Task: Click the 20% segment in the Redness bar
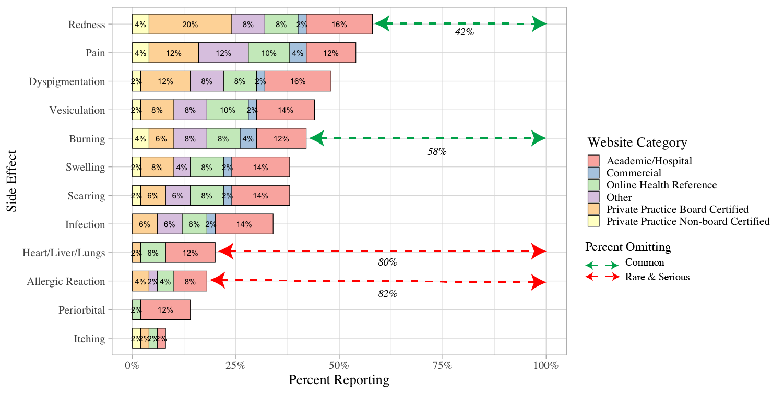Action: [190, 25]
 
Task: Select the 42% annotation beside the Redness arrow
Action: [464, 32]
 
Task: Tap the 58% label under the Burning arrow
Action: [437, 152]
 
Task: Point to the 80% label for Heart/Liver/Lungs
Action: [387, 263]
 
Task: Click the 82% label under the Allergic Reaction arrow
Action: [387, 294]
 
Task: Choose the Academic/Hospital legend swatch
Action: [594, 161]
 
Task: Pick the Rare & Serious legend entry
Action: [657, 277]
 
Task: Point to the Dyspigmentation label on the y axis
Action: [67, 82]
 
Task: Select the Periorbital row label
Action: [82, 310]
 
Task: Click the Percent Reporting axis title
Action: [339, 380]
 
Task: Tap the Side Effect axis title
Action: [12, 182]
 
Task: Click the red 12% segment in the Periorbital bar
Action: [165, 310]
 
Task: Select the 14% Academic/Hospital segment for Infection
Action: [244, 224]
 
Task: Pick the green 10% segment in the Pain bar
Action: [269, 53]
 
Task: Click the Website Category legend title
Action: [637, 142]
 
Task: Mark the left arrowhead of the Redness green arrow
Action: [382, 24]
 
